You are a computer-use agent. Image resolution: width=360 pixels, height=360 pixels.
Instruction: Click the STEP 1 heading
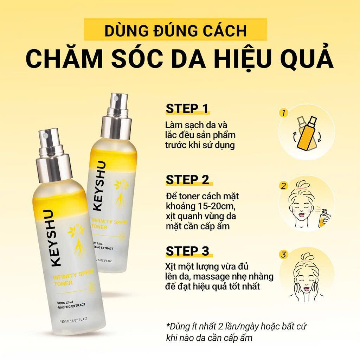(187, 109)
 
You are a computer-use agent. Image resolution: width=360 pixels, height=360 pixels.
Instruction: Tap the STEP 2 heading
(187, 180)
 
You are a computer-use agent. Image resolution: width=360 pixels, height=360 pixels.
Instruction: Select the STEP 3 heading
(187, 251)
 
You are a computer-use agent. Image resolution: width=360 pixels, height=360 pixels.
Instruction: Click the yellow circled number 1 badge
(284, 112)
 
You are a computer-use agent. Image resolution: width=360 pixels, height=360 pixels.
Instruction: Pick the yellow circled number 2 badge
(284, 186)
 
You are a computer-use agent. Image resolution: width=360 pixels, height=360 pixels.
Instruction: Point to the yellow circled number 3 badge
(284, 255)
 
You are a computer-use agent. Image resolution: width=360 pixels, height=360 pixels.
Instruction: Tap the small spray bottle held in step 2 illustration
(324, 218)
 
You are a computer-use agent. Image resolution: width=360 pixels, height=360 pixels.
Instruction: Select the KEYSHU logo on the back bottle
(99, 186)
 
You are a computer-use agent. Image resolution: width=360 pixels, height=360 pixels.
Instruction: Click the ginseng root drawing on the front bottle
(78, 240)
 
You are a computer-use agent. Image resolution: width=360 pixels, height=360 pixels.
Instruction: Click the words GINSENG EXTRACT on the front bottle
(72, 306)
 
